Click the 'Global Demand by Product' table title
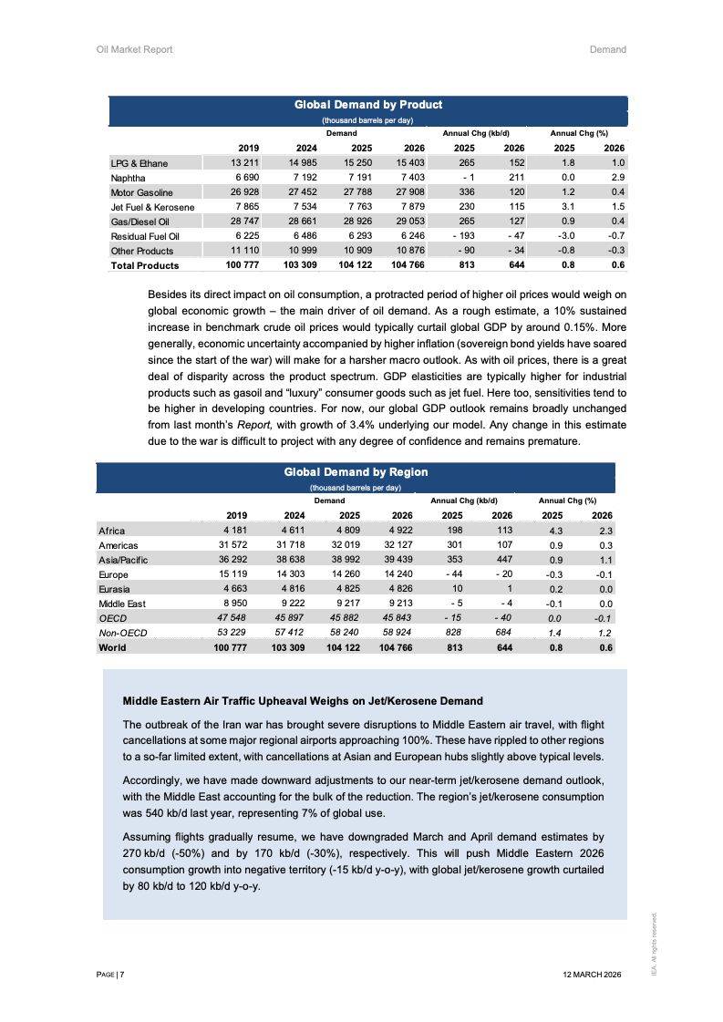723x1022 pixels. [367, 105]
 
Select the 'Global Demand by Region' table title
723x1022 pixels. [356, 472]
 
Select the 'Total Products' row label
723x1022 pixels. [144, 265]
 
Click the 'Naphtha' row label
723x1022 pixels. [128, 178]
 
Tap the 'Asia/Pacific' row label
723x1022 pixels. [122, 560]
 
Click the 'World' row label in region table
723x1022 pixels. [112, 647]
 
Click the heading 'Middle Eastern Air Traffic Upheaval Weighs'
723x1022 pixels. [302, 701]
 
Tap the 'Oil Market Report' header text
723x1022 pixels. [134, 49]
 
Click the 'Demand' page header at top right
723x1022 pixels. [607, 49]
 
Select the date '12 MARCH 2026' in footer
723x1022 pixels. [593, 975]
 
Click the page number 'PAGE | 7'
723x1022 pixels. [110, 975]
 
